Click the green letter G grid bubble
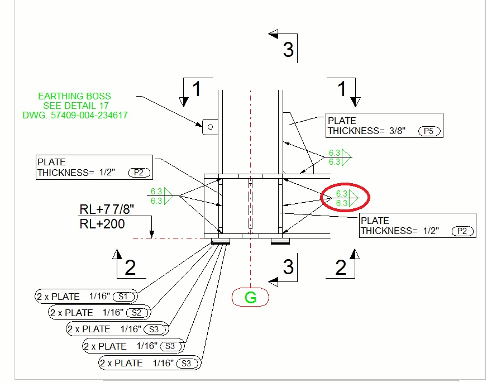[251, 298]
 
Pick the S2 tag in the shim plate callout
[136, 313]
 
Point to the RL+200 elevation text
[102, 225]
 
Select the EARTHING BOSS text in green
[74, 96]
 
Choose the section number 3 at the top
[288, 50]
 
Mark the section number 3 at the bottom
[288, 267]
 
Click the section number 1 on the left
[197, 89]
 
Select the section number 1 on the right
[342, 89]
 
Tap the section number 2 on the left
[130, 268]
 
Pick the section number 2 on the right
[341, 268]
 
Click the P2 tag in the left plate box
[139, 173]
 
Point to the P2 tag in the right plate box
[462, 231]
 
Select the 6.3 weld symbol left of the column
[157, 197]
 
